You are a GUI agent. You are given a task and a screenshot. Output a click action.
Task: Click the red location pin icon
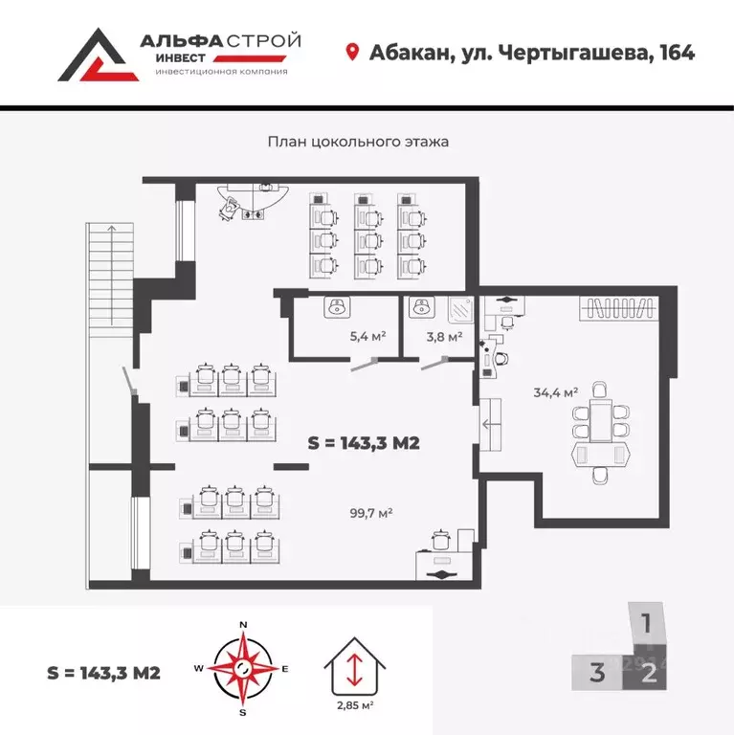(352, 52)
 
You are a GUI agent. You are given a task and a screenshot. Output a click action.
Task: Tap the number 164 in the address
(674, 52)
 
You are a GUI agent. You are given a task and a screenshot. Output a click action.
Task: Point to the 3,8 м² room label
(444, 336)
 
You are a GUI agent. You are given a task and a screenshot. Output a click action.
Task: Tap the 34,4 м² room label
(556, 391)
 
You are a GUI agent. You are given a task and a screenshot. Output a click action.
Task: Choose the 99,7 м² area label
(371, 513)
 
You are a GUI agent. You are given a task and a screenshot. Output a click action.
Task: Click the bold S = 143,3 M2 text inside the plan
(365, 443)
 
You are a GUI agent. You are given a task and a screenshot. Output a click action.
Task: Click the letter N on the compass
(243, 625)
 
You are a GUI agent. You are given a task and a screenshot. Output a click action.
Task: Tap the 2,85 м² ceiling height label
(355, 704)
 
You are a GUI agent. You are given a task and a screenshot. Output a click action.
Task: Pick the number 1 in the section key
(647, 625)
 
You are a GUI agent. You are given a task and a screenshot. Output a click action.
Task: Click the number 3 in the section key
(597, 673)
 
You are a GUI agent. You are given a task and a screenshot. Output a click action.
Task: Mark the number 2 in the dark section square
(649, 673)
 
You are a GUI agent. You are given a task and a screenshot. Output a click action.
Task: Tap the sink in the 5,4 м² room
(336, 307)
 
